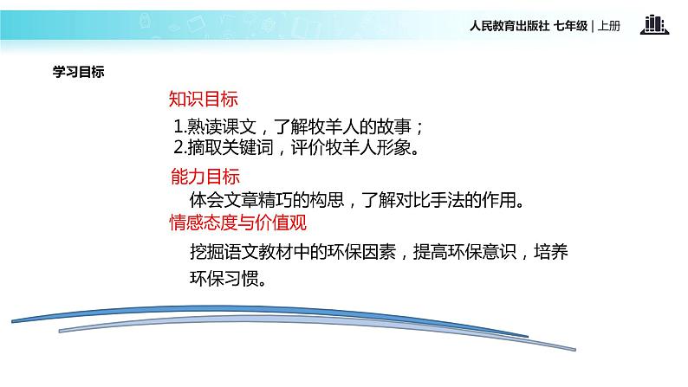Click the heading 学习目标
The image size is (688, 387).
coord(78,73)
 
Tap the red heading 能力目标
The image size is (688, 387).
coord(204,177)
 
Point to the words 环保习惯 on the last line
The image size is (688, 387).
coord(223,280)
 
